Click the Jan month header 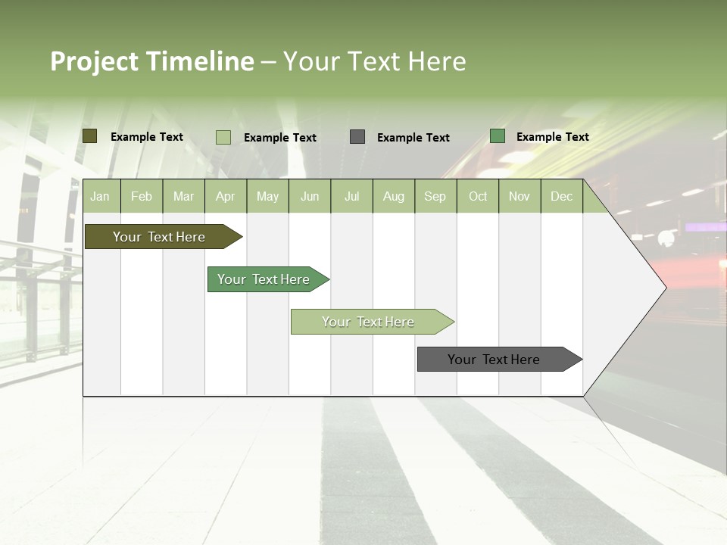coord(101,196)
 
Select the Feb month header coord(142,196)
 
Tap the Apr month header coord(226,196)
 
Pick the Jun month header coord(310,196)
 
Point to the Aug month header coord(394,196)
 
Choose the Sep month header coord(435,196)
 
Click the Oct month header coord(478,196)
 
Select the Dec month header coord(562,196)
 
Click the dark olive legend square coord(89,136)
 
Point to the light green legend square coord(223,137)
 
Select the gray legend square coord(357,137)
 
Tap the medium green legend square coord(498,136)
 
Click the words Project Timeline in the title coord(152,61)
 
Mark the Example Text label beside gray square coord(413,138)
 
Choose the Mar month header coord(184,196)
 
